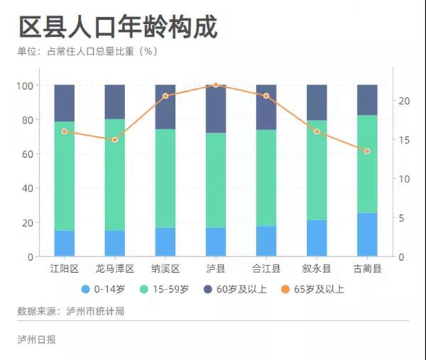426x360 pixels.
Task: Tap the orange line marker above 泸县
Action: (x=216, y=85)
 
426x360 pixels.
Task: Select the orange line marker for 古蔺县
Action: (x=367, y=151)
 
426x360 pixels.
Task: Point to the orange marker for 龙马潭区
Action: (x=114, y=140)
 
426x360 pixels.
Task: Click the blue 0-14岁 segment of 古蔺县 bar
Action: (x=367, y=234)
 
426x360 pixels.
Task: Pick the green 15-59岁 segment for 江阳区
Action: (x=65, y=176)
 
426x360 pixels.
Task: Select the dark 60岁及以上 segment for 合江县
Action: (x=266, y=106)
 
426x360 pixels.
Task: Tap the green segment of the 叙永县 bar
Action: (x=316, y=170)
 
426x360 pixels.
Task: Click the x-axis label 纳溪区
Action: (x=165, y=269)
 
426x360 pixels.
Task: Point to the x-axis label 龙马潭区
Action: (x=114, y=269)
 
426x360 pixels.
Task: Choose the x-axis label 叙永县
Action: (x=316, y=269)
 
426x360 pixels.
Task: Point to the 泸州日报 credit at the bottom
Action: (x=37, y=339)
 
